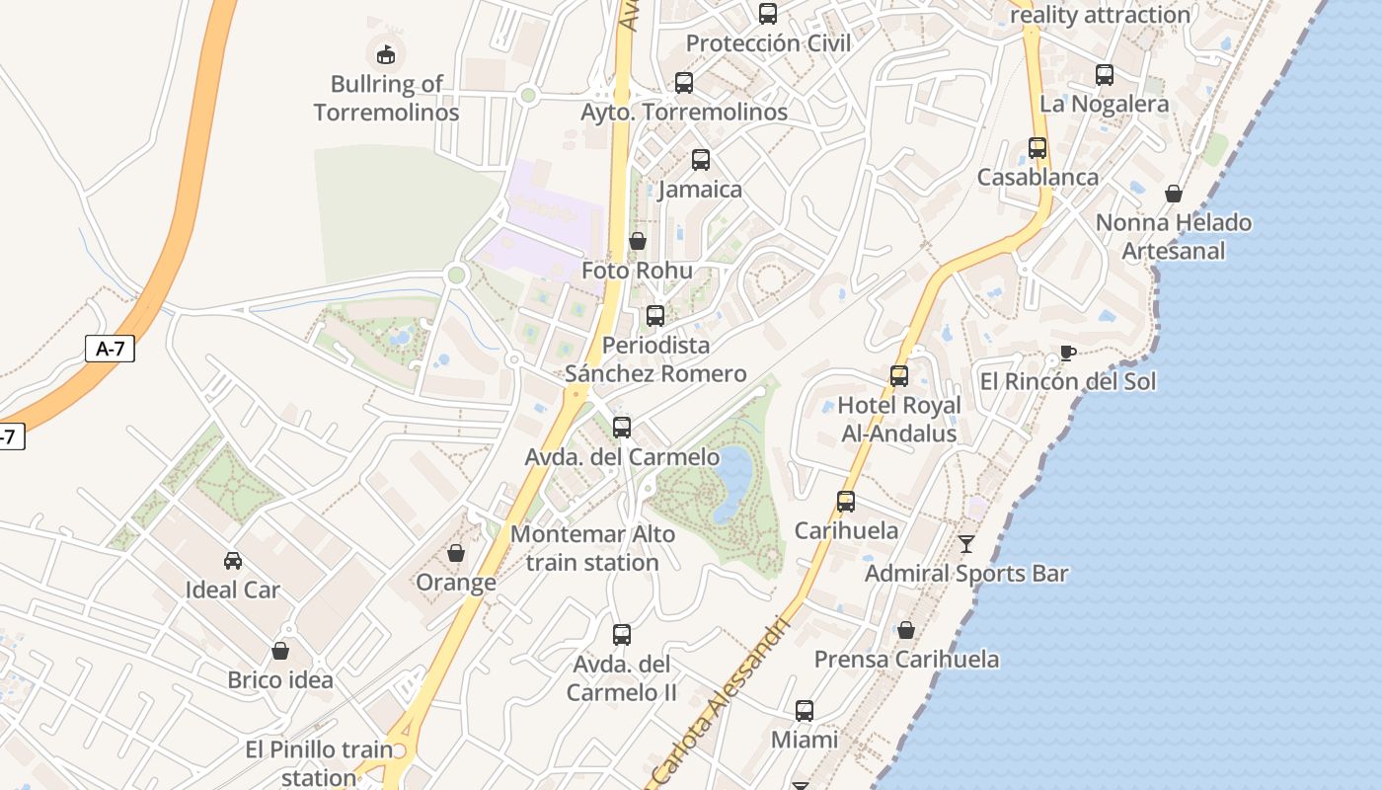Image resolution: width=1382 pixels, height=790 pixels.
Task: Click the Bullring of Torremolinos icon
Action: tap(386, 53)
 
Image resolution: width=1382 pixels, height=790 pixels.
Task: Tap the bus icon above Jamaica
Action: tap(701, 159)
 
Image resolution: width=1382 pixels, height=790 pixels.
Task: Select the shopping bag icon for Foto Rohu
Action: tap(638, 241)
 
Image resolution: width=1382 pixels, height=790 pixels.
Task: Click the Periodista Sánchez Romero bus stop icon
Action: tap(655, 316)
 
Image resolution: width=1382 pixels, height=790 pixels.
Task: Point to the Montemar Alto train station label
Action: tap(592, 548)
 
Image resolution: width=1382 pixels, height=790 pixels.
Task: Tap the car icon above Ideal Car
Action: tap(233, 561)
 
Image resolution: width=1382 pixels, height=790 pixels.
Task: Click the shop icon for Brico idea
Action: tap(280, 651)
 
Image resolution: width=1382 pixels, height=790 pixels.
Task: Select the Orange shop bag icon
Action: tap(456, 553)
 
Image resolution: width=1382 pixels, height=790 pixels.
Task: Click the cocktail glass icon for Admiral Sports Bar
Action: tap(966, 543)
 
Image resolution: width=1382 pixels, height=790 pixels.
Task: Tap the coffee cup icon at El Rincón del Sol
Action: tap(1067, 353)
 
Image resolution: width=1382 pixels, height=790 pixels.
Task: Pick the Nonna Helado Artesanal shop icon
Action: tap(1174, 194)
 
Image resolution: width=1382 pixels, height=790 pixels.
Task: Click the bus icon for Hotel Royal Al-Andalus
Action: tap(899, 376)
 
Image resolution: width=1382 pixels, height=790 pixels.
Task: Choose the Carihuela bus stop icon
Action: tap(846, 502)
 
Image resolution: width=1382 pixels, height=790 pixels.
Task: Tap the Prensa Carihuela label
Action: tap(906, 659)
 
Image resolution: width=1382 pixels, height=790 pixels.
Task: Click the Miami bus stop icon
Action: tap(805, 710)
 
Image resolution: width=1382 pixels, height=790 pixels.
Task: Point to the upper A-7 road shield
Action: tap(110, 348)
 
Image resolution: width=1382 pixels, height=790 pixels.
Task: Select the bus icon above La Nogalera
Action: tap(1105, 75)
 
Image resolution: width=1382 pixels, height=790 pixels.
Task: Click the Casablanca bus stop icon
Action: tap(1037, 148)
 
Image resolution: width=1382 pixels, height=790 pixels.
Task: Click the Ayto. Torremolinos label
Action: tap(684, 113)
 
